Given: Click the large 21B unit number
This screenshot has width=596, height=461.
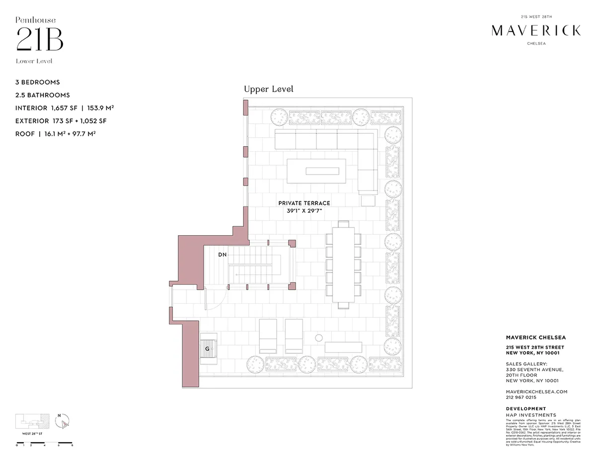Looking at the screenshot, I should tap(40, 40).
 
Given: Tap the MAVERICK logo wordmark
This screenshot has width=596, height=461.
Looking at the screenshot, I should tap(536, 31).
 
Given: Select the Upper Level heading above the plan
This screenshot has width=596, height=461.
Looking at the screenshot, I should tap(268, 89).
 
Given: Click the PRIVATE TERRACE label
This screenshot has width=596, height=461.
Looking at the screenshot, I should tap(304, 203).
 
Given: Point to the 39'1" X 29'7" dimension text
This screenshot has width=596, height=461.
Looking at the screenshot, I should tap(304, 210).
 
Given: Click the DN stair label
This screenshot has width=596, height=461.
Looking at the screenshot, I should tap(223, 255).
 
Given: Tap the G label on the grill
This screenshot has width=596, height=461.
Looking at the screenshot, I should tap(207, 349).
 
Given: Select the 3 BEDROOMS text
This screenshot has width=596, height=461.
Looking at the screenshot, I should tap(37, 82).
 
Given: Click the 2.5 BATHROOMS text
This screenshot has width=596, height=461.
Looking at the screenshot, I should tap(42, 95).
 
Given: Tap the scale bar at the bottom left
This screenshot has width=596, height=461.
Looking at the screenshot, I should tap(45, 442).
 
